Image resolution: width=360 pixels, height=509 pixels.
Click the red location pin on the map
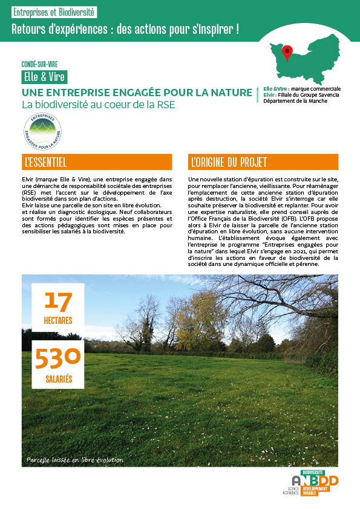288,52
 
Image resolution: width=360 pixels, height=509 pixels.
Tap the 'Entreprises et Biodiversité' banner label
54,13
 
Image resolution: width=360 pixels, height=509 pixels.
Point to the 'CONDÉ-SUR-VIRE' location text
39,64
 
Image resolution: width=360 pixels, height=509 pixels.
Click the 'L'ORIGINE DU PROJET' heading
263,162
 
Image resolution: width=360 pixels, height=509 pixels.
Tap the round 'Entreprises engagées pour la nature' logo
42,132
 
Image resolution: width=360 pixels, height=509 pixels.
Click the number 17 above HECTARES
58,300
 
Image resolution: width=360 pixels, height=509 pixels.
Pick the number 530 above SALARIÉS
57,357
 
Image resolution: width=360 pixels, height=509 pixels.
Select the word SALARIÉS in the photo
58,379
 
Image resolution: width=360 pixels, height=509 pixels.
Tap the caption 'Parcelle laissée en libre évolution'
74,460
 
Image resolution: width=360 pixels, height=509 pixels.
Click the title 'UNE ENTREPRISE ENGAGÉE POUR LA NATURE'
137,92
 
